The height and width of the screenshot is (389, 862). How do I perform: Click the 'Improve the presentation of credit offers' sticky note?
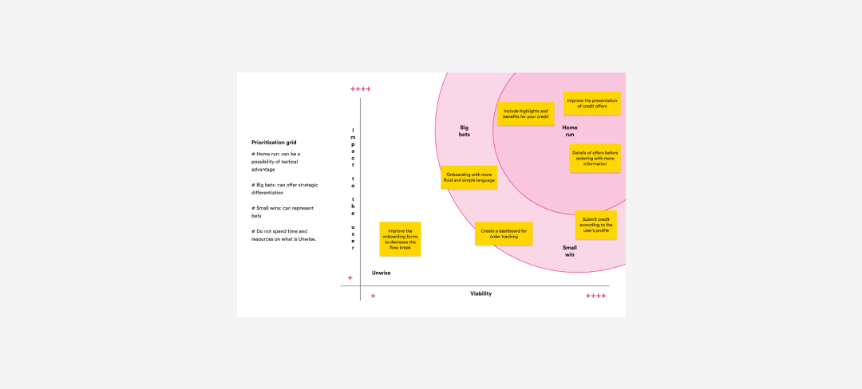coord(591,103)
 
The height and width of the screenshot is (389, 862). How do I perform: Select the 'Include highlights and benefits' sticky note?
coord(525,114)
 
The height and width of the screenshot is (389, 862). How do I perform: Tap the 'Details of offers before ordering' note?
coord(595,158)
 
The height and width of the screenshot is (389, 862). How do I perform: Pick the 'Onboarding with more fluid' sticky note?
coord(469,177)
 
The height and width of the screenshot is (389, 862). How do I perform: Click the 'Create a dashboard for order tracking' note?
coord(504,234)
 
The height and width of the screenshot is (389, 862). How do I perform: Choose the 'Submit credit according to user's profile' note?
coord(596,225)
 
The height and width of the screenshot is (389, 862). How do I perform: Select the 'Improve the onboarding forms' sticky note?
coord(400,239)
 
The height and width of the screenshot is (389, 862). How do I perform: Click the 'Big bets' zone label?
coord(465,131)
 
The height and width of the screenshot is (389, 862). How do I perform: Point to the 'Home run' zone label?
coord(570,131)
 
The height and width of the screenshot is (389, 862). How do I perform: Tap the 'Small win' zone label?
coord(570,251)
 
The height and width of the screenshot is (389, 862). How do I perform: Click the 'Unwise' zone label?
coord(382,273)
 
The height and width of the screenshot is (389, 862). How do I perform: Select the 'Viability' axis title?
coord(480,293)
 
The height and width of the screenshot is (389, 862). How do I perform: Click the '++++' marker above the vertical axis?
coord(361,89)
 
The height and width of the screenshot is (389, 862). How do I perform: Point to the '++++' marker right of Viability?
coord(595,296)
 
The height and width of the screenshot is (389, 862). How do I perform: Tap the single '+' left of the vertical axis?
coord(350,278)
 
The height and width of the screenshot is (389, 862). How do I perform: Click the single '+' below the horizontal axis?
coord(373,296)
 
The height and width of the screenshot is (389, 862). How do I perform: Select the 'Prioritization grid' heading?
coord(274,143)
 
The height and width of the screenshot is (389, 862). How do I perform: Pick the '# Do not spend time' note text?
coord(284,235)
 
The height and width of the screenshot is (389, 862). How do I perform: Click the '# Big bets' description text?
coord(284,189)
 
